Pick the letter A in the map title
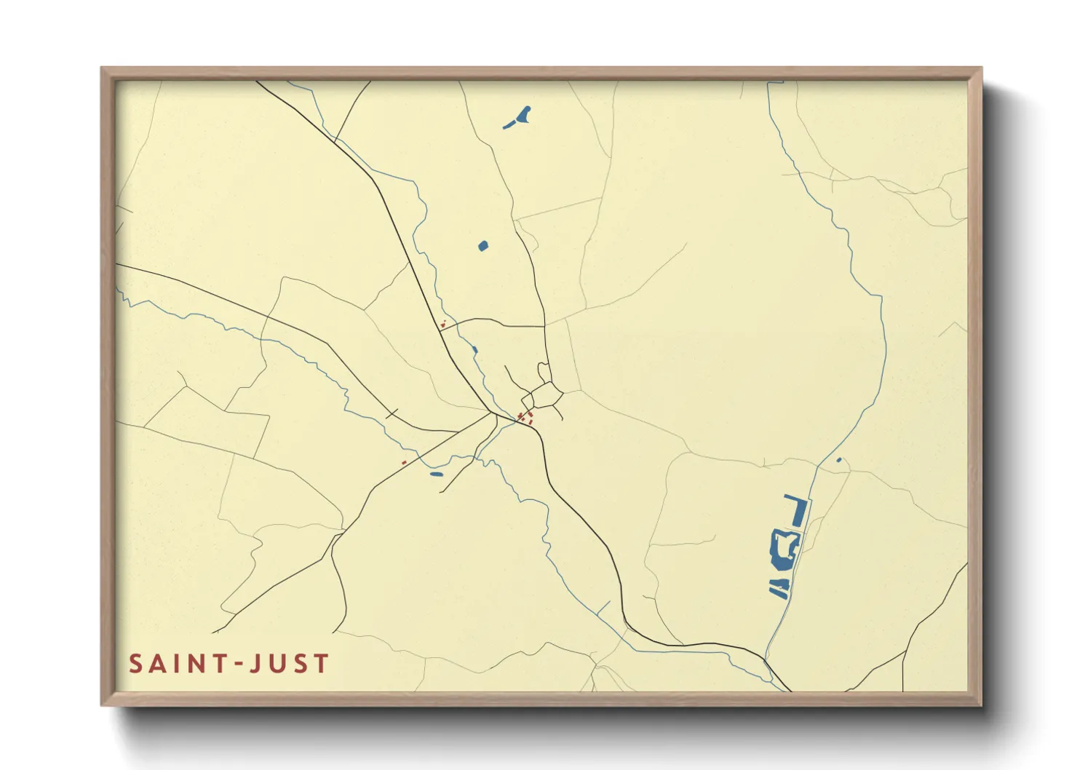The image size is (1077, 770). (x=155, y=664)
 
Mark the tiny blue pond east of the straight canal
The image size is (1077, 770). (x=839, y=460)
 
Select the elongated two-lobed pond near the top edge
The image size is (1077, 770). (x=518, y=117)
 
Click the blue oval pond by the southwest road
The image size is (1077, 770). (x=436, y=475)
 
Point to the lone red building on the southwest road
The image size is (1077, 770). (x=404, y=462)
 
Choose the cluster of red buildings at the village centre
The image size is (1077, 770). (x=525, y=418)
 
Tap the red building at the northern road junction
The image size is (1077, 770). (x=442, y=324)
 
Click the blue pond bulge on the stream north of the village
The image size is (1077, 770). (x=474, y=350)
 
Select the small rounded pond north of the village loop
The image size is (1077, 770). (x=483, y=246)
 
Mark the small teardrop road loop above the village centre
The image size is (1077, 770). (x=543, y=369)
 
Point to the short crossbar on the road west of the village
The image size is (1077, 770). (x=393, y=415)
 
